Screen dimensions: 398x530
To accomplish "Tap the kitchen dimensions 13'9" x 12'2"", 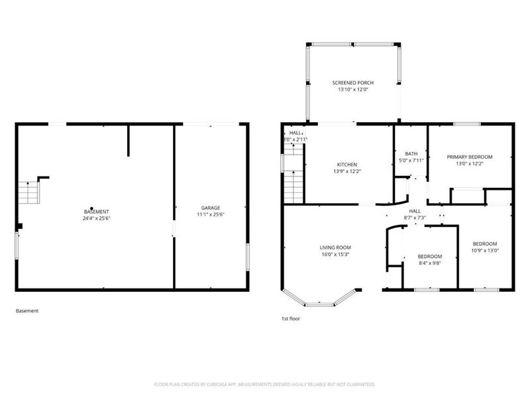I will (346, 171).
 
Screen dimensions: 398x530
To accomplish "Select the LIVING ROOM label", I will (335, 247).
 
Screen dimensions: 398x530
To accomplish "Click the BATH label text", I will (411, 153).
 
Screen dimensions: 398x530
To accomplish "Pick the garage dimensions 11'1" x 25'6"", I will (211, 215).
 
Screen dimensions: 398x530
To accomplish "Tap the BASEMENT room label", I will (97, 211).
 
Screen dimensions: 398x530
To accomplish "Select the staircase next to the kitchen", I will (293, 176).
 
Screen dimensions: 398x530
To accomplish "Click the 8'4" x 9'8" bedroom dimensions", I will (429, 263).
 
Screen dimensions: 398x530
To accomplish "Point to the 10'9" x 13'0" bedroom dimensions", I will (484, 251).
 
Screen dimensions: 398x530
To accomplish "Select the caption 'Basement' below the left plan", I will (27, 310).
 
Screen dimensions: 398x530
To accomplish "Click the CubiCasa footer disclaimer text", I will (265, 384).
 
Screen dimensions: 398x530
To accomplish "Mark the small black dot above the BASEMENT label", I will (91, 208).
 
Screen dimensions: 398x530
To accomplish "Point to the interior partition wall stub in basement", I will (129, 139).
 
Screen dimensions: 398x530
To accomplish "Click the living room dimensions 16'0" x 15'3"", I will (335, 254).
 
